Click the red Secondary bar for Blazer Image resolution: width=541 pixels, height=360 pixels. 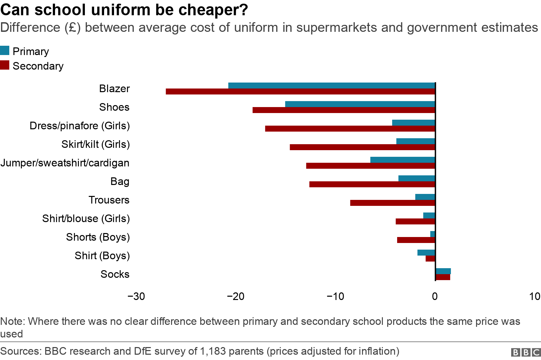[300, 91]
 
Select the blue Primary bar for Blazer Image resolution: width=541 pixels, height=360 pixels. [331, 86]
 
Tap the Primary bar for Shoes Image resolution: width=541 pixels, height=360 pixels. [360, 104]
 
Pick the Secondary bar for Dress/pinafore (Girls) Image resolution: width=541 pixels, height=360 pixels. [350, 129]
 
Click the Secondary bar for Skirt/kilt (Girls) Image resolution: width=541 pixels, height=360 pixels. [362, 147]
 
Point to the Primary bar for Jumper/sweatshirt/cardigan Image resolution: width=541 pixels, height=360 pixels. [402, 160]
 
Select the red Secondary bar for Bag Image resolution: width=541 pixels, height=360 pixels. [372, 184]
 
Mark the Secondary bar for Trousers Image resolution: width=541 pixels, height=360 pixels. [392, 203]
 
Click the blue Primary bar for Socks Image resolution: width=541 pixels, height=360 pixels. [443, 271]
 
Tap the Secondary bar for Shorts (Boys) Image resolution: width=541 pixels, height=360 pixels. [416, 240]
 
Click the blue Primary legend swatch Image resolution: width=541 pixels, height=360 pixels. [5, 50]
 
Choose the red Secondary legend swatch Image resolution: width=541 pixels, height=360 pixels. [5, 65]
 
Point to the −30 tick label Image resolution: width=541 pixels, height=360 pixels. [136, 296]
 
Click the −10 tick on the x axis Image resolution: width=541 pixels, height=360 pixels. [335, 296]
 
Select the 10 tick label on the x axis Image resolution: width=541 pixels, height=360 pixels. [535, 296]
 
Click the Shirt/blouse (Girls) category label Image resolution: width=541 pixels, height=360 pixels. [86, 219]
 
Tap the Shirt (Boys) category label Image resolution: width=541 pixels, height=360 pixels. [102, 256]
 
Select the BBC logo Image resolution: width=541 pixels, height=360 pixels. [526, 352]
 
